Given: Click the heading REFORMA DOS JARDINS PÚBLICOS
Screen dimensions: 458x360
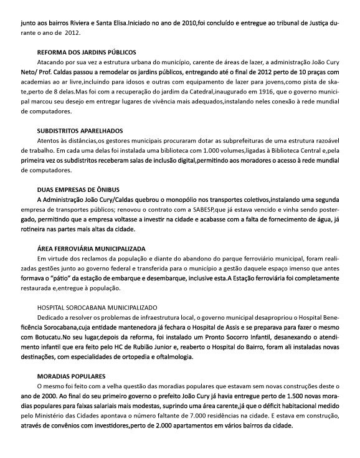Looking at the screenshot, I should (x=87, y=52).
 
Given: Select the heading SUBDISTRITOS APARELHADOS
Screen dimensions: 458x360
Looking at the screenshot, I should (x=80, y=130).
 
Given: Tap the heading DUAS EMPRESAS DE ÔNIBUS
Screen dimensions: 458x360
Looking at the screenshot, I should (x=78, y=188).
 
